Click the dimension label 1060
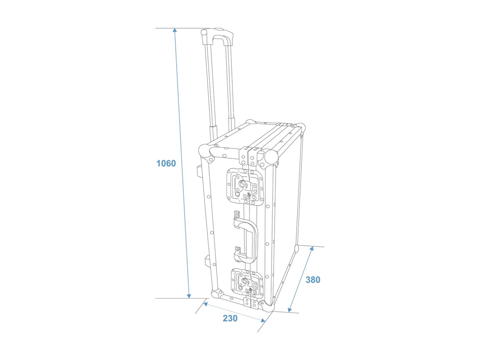(166, 164)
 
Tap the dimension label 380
(313, 279)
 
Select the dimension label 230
(230, 318)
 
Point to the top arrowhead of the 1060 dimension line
(175, 30)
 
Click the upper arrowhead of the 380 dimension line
(312, 249)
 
